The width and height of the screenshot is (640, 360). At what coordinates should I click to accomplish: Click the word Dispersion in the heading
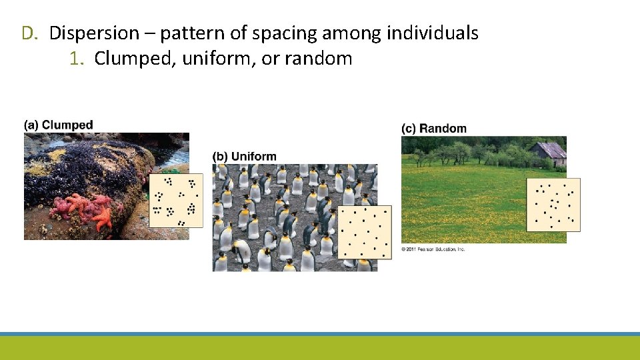95,33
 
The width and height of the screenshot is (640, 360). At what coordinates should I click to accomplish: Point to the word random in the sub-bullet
318,59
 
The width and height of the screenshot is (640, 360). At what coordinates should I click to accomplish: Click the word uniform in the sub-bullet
219,59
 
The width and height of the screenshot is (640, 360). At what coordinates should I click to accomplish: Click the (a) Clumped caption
59,125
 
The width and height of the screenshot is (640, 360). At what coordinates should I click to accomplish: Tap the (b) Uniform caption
244,157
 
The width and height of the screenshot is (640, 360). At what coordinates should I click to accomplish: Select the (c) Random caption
434,128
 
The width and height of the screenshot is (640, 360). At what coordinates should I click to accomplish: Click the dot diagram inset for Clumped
175,201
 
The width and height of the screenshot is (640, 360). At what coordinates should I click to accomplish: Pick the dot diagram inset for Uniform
365,232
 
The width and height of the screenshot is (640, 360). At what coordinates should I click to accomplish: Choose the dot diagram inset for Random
553,205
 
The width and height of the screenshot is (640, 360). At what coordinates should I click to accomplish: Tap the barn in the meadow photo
549,153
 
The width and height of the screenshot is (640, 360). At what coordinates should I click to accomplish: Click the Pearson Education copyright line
433,249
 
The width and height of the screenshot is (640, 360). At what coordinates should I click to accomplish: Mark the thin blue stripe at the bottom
320,334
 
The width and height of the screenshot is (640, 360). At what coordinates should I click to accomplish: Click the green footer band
320,348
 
